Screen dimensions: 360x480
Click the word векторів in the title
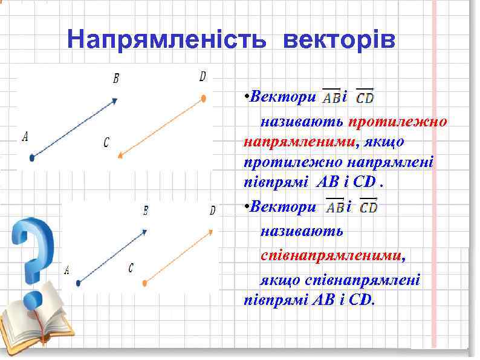click(x=339, y=41)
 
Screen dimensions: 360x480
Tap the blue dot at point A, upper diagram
click(x=32, y=158)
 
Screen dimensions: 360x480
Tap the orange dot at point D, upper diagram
click(x=204, y=98)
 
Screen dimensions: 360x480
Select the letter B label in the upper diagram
click(x=115, y=78)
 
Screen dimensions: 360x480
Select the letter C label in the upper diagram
click(x=106, y=142)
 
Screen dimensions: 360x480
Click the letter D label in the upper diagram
click(x=203, y=76)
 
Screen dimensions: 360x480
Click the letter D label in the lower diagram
click(x=212, y=211)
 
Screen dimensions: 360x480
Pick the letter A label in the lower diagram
click(x=66, y=269)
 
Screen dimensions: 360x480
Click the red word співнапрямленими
click(x=331, y=255)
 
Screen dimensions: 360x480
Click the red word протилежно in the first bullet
click(x=397, y=121)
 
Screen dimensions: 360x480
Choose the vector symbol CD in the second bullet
click(x=368, y=208)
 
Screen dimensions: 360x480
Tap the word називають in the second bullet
click(x=302, y=231)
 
